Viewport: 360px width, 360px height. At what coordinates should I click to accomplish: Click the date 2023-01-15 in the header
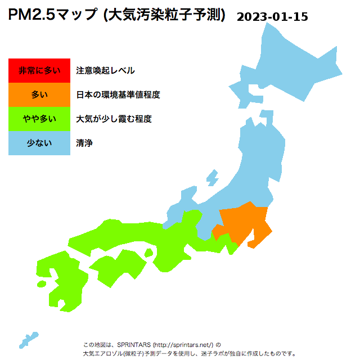click(x=272, y=16)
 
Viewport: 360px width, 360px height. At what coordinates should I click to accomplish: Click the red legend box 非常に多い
click(x=39, y=70)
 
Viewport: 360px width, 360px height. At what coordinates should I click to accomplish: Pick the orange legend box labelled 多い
click(x=39, y=94)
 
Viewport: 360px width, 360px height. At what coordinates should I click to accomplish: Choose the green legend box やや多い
click(x=39, y=119)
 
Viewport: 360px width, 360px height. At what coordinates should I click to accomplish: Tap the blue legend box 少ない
click(x=39, y=143)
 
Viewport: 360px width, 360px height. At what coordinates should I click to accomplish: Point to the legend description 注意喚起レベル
click(x=105, y=70)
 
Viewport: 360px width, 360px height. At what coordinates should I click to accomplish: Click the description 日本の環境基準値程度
click(x=118, y=94)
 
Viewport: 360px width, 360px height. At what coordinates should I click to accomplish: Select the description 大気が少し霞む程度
click(x=114, y=119)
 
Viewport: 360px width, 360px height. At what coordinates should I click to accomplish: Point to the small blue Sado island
click(x=212, y=178)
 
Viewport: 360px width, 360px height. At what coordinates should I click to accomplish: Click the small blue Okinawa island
click(x=28, y=340)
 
